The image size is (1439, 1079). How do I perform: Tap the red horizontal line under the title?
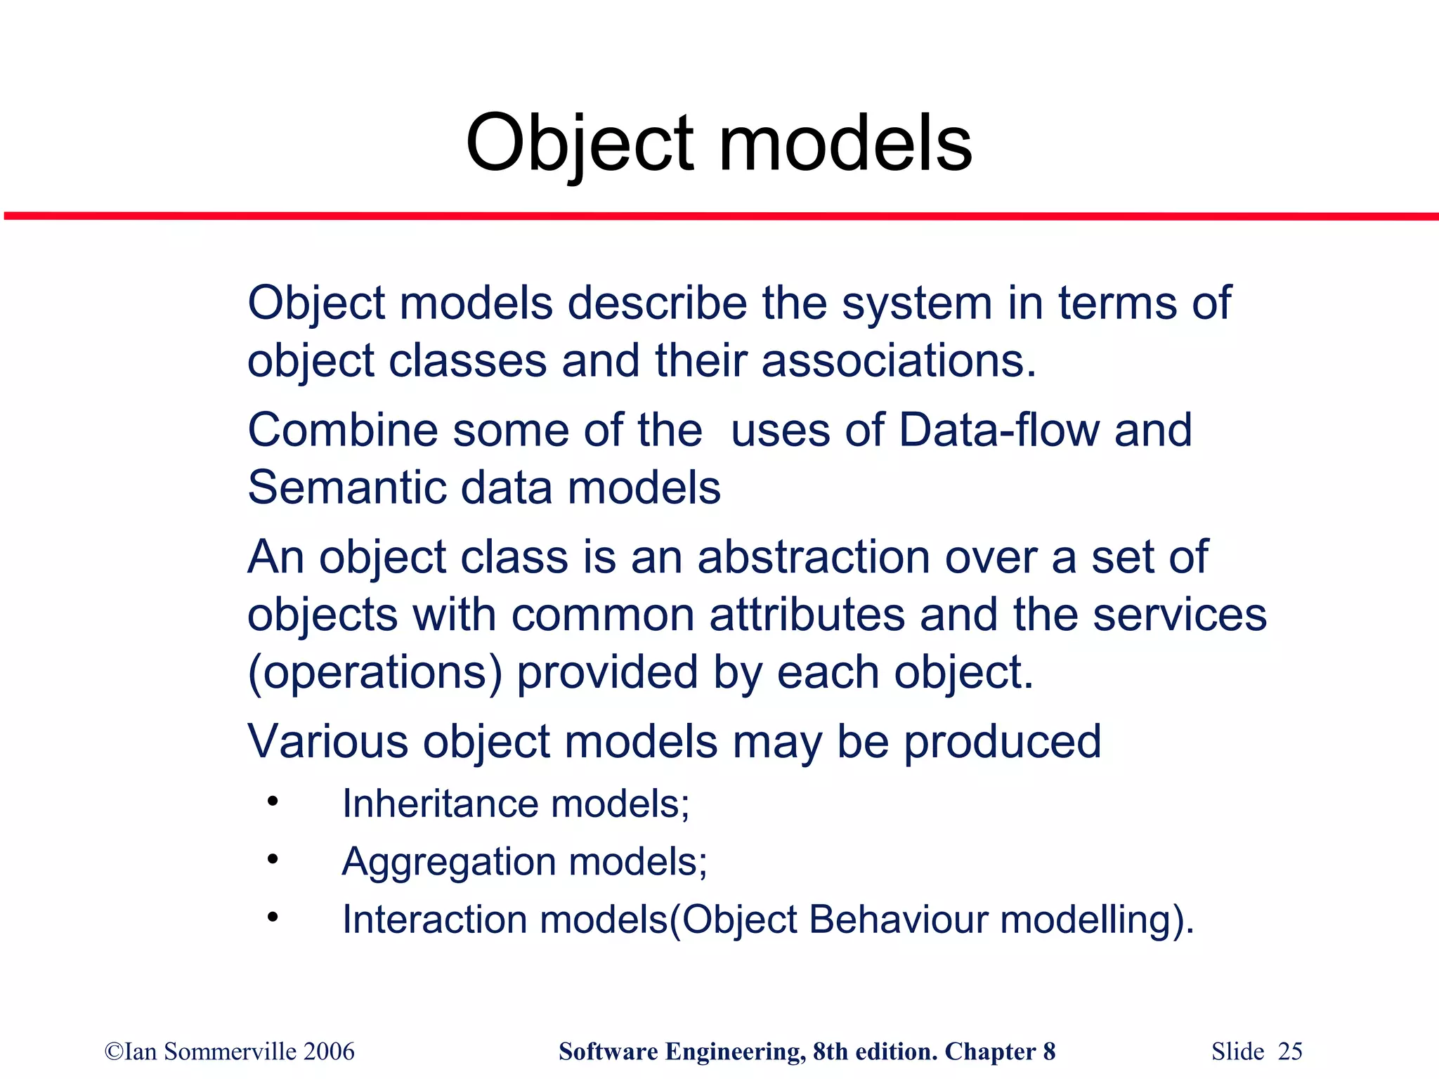[x=719, y=216]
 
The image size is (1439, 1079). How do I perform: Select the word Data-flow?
[x=998, y=430]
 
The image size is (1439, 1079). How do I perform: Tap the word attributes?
[x=807, y=615]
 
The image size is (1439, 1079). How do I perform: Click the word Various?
[x=327, y=741]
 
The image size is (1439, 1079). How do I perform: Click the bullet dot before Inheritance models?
[x=273, y=801]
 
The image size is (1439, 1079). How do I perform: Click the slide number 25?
[x=1289, y=1052]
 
